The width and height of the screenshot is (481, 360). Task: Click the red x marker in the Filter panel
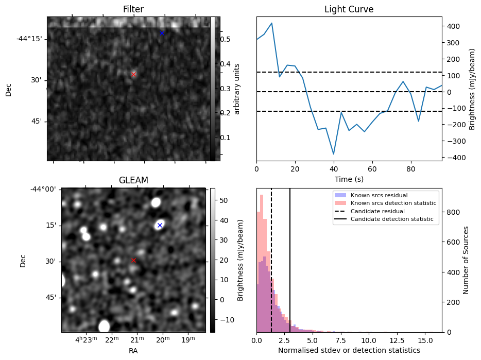[133, 74]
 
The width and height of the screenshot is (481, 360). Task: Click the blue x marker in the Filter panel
[162, 33]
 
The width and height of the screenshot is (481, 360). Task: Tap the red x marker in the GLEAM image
[133, 260]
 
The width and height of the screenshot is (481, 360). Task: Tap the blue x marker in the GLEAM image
[160, 225]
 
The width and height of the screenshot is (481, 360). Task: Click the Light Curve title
[349, 10]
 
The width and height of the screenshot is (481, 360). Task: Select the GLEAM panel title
[133, 180]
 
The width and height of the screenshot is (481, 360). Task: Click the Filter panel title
[133, 10]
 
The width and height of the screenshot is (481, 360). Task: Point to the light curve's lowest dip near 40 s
[334, 154]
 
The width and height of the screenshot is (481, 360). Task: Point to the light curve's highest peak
[272, 23]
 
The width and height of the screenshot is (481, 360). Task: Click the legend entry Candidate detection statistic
[392, 220]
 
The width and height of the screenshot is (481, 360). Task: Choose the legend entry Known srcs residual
[379, 195]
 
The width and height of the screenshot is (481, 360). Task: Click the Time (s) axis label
[349, 179]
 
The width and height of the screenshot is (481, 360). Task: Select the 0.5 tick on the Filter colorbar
[225, 39]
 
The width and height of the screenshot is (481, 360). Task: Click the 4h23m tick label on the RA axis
[85, 339]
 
